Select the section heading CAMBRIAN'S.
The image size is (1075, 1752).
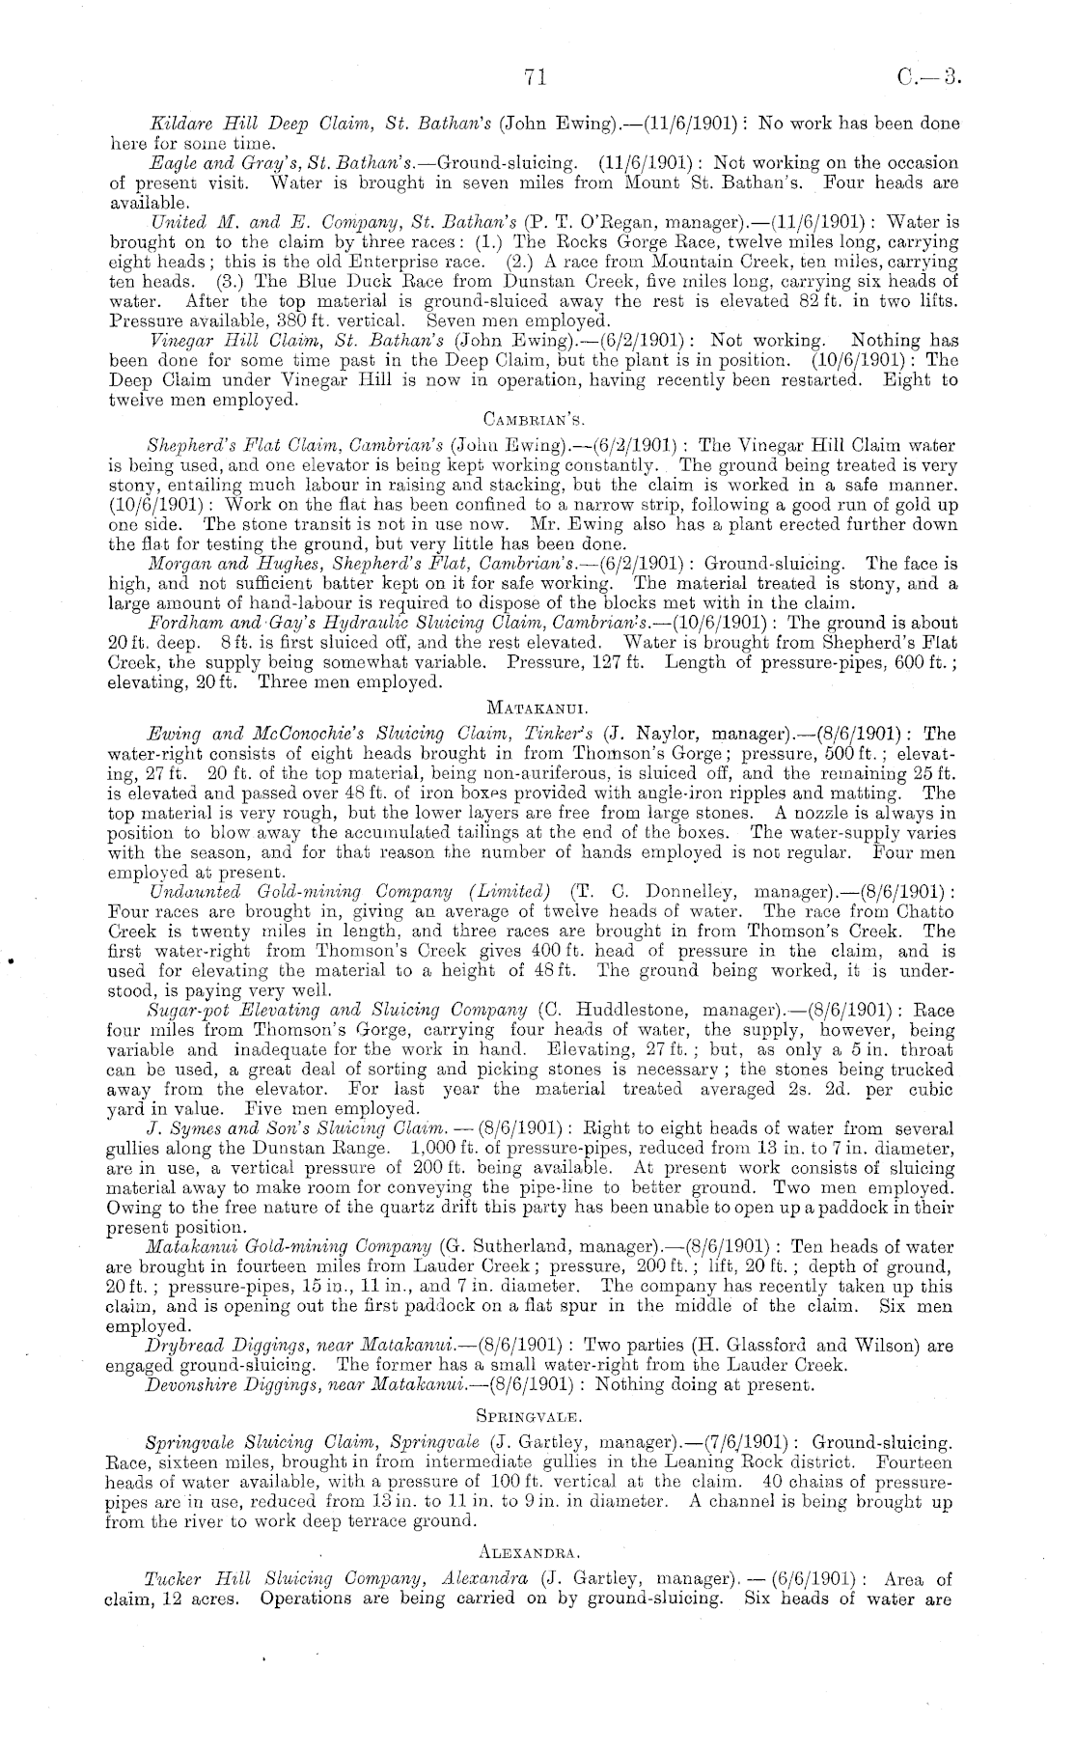[x=526, y=420]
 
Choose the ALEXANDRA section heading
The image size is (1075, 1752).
[x=528, y=1552]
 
